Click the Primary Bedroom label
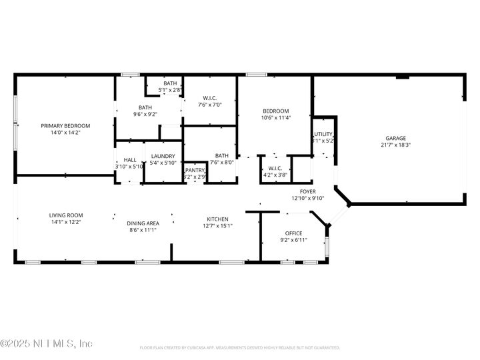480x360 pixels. point(65,125)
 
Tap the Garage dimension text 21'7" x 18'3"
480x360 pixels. point(395,145)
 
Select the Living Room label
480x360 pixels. point(65,215)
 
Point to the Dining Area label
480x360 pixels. point(143,223)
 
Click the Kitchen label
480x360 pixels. point(217,219)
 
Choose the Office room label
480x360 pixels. point(293,233)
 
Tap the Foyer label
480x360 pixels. point(307,191)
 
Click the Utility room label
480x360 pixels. point(323,134)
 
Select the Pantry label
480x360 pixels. point(195,171)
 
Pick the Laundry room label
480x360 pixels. point(163,156)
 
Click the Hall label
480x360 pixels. point(130,160)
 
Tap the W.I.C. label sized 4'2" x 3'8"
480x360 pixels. point(275,168)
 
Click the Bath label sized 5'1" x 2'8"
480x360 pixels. point(170,83)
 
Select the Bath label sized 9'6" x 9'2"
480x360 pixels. point(145,107)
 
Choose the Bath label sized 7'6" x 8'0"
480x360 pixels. point(221,155)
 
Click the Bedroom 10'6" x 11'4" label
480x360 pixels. point(275,111)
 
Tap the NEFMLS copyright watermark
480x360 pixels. point(47,344)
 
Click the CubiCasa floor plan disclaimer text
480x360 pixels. point(240,347)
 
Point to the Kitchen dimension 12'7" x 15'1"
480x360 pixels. point(217,226)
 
